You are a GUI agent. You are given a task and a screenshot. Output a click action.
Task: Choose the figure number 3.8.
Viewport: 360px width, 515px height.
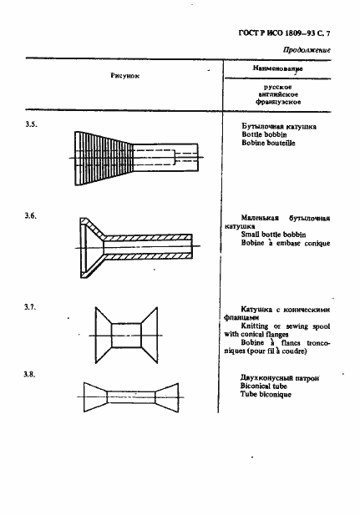pos(31,375)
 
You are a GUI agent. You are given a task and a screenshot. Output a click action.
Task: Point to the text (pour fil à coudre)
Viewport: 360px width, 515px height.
pos(279,361)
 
